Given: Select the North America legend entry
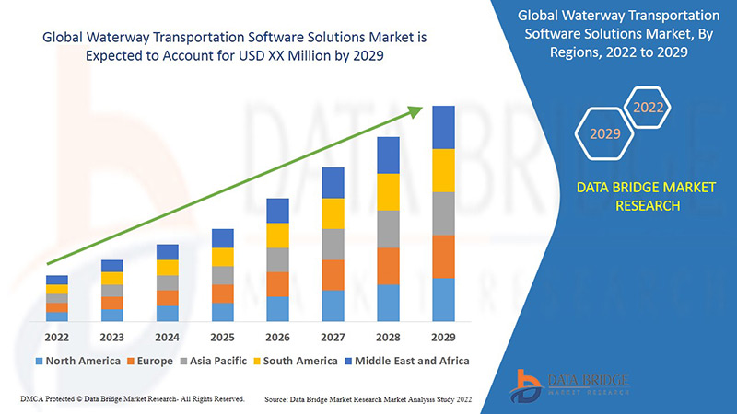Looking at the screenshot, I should [77, 361].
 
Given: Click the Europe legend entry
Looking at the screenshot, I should [149, 361].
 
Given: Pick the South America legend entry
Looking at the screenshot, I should [296, 361].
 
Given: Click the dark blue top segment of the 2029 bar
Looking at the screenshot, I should [443, 127].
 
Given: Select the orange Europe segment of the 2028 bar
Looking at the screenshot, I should [388, 266].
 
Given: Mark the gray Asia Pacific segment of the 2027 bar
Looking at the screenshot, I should [333, 244].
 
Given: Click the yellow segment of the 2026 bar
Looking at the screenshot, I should [277, 236].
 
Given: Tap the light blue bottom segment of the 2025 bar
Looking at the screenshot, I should [222, 312].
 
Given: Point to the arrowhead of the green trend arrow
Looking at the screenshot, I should [416, 110].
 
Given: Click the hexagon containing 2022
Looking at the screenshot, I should [649, 108].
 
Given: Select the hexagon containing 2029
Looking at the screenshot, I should [605, 133].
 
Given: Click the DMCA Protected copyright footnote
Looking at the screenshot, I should [132, 399].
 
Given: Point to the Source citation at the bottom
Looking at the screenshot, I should [375, 399].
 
